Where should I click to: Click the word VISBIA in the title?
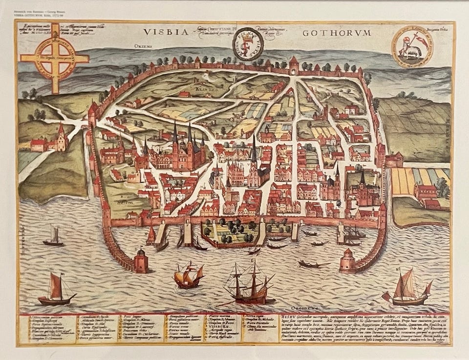coord(166,32)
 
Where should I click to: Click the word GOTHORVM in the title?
coord(337,33)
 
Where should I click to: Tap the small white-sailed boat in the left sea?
coord(53,237)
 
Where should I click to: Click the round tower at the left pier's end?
coord(141,259)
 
